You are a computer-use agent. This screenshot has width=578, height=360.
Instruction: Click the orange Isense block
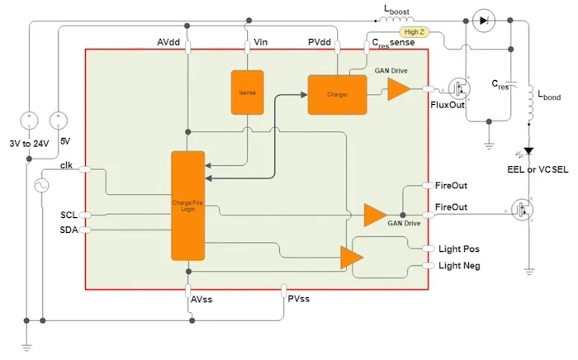(x=247, y=93)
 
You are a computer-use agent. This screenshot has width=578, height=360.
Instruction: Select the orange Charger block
(x=337, y=94)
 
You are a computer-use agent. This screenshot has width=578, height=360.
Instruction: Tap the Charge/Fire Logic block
(x=187, y=204)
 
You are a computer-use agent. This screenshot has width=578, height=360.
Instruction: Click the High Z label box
(x=415, y=32)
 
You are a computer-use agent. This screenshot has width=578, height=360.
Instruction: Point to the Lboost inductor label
(x=400, y=11)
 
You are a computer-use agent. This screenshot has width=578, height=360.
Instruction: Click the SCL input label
(x=69, y=215)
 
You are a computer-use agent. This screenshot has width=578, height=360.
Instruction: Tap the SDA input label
(x=69, y=230)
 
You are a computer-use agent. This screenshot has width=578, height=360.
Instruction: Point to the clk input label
(x=68, y=165)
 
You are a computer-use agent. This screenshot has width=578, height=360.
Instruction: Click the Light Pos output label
(x=459, y=249)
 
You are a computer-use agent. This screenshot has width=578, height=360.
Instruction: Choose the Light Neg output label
(x=460, y=265)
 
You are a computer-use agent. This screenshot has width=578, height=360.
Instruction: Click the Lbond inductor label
(x=549, y=97)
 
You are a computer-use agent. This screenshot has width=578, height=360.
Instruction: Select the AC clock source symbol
(x=39, y=186)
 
